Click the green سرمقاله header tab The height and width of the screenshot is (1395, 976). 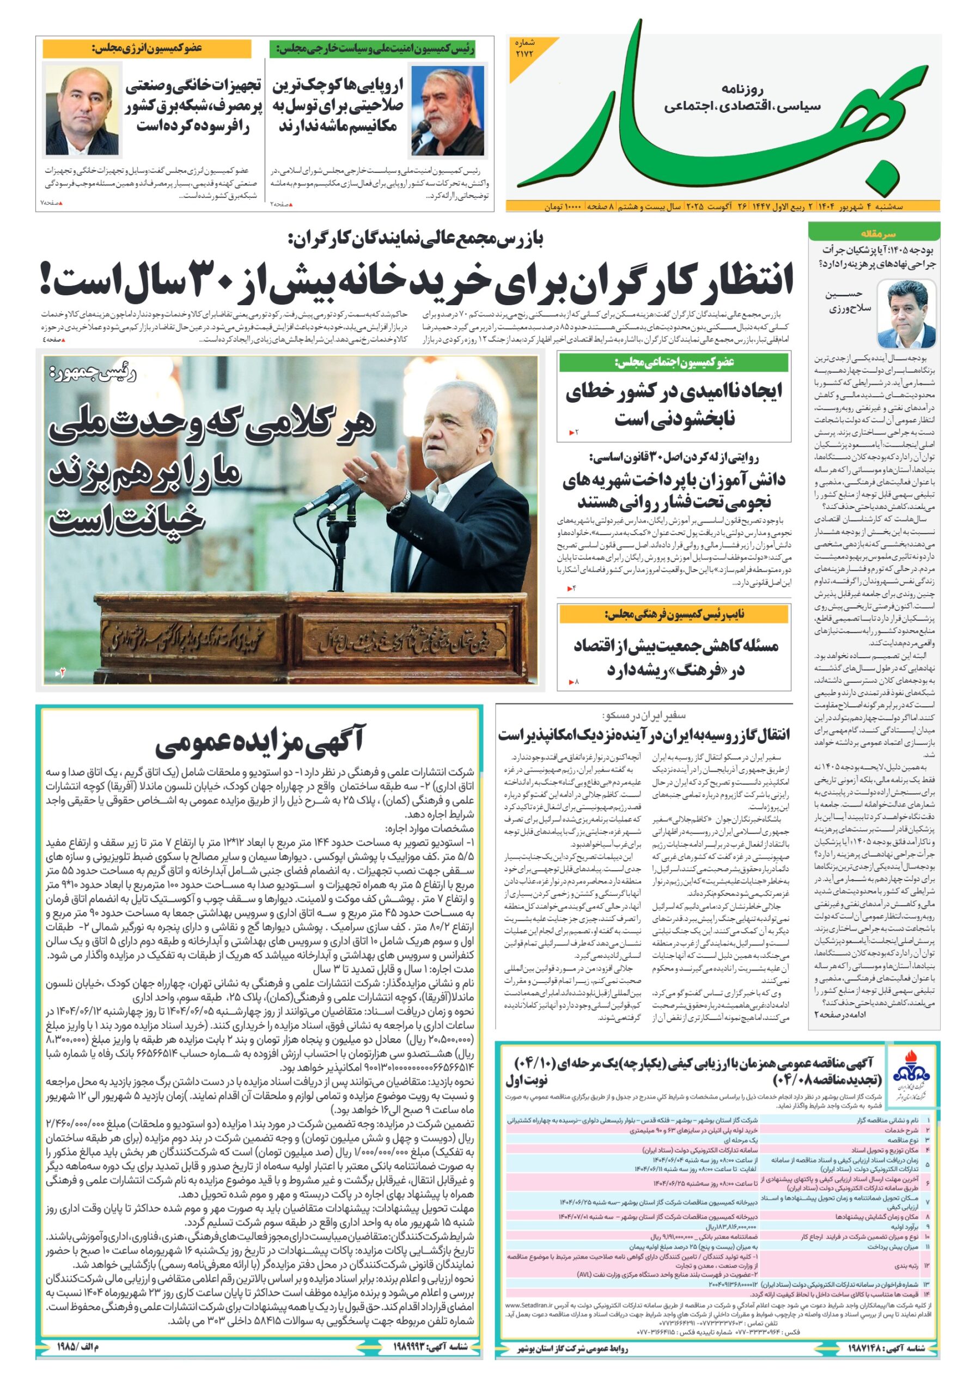click(874, 233)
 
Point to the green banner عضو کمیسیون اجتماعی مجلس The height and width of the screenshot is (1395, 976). click(674, 363)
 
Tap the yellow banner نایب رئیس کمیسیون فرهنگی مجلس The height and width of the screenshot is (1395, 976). click(674, 615)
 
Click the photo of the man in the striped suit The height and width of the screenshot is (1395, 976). click(83, 111)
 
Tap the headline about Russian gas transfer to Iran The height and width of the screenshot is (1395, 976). click(644, 735)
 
